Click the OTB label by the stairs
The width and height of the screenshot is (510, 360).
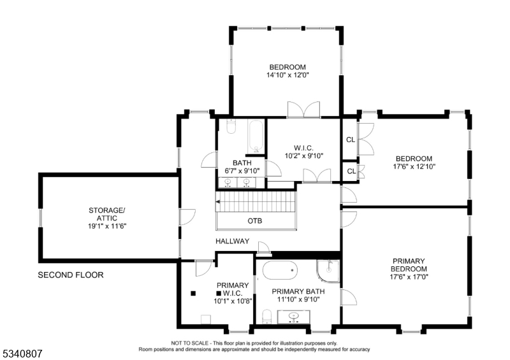point(254,221)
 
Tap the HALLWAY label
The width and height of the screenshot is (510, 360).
point(232,241)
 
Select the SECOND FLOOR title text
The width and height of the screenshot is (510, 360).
point(71,275)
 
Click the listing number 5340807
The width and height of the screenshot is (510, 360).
point(21,354)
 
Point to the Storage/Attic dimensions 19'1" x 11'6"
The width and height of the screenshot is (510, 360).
point(107,226)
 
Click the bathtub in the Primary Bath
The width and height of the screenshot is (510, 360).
point(280,270)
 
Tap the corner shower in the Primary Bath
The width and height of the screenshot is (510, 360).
point(328,271)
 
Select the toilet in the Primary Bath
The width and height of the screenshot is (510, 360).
point(266,317)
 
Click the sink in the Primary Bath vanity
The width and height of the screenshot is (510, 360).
point(294,316)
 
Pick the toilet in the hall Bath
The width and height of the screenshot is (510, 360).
point(231,127)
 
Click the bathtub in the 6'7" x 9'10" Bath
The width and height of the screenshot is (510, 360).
point(256,136)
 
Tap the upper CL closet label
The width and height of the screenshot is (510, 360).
point(350,140)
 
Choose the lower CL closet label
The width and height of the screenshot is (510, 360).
point(351,171)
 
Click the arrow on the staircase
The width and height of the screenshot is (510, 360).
point(218,202)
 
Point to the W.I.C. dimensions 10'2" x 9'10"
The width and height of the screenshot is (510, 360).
point(304,155)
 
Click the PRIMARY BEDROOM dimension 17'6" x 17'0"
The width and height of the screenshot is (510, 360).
point(409,277)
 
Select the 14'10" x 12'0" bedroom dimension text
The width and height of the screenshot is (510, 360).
point(288,75)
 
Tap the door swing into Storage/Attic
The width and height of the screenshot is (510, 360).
point(187,217)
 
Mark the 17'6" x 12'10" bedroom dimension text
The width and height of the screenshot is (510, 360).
point(414,166)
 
